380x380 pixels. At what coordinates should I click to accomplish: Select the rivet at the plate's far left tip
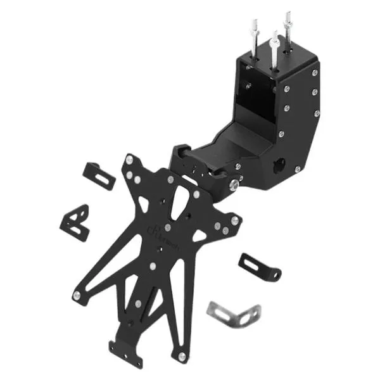tap(75, 294)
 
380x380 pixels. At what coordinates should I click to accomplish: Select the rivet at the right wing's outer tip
tap(236, 220)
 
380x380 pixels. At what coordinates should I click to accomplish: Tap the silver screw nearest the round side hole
tap(296, 168)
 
